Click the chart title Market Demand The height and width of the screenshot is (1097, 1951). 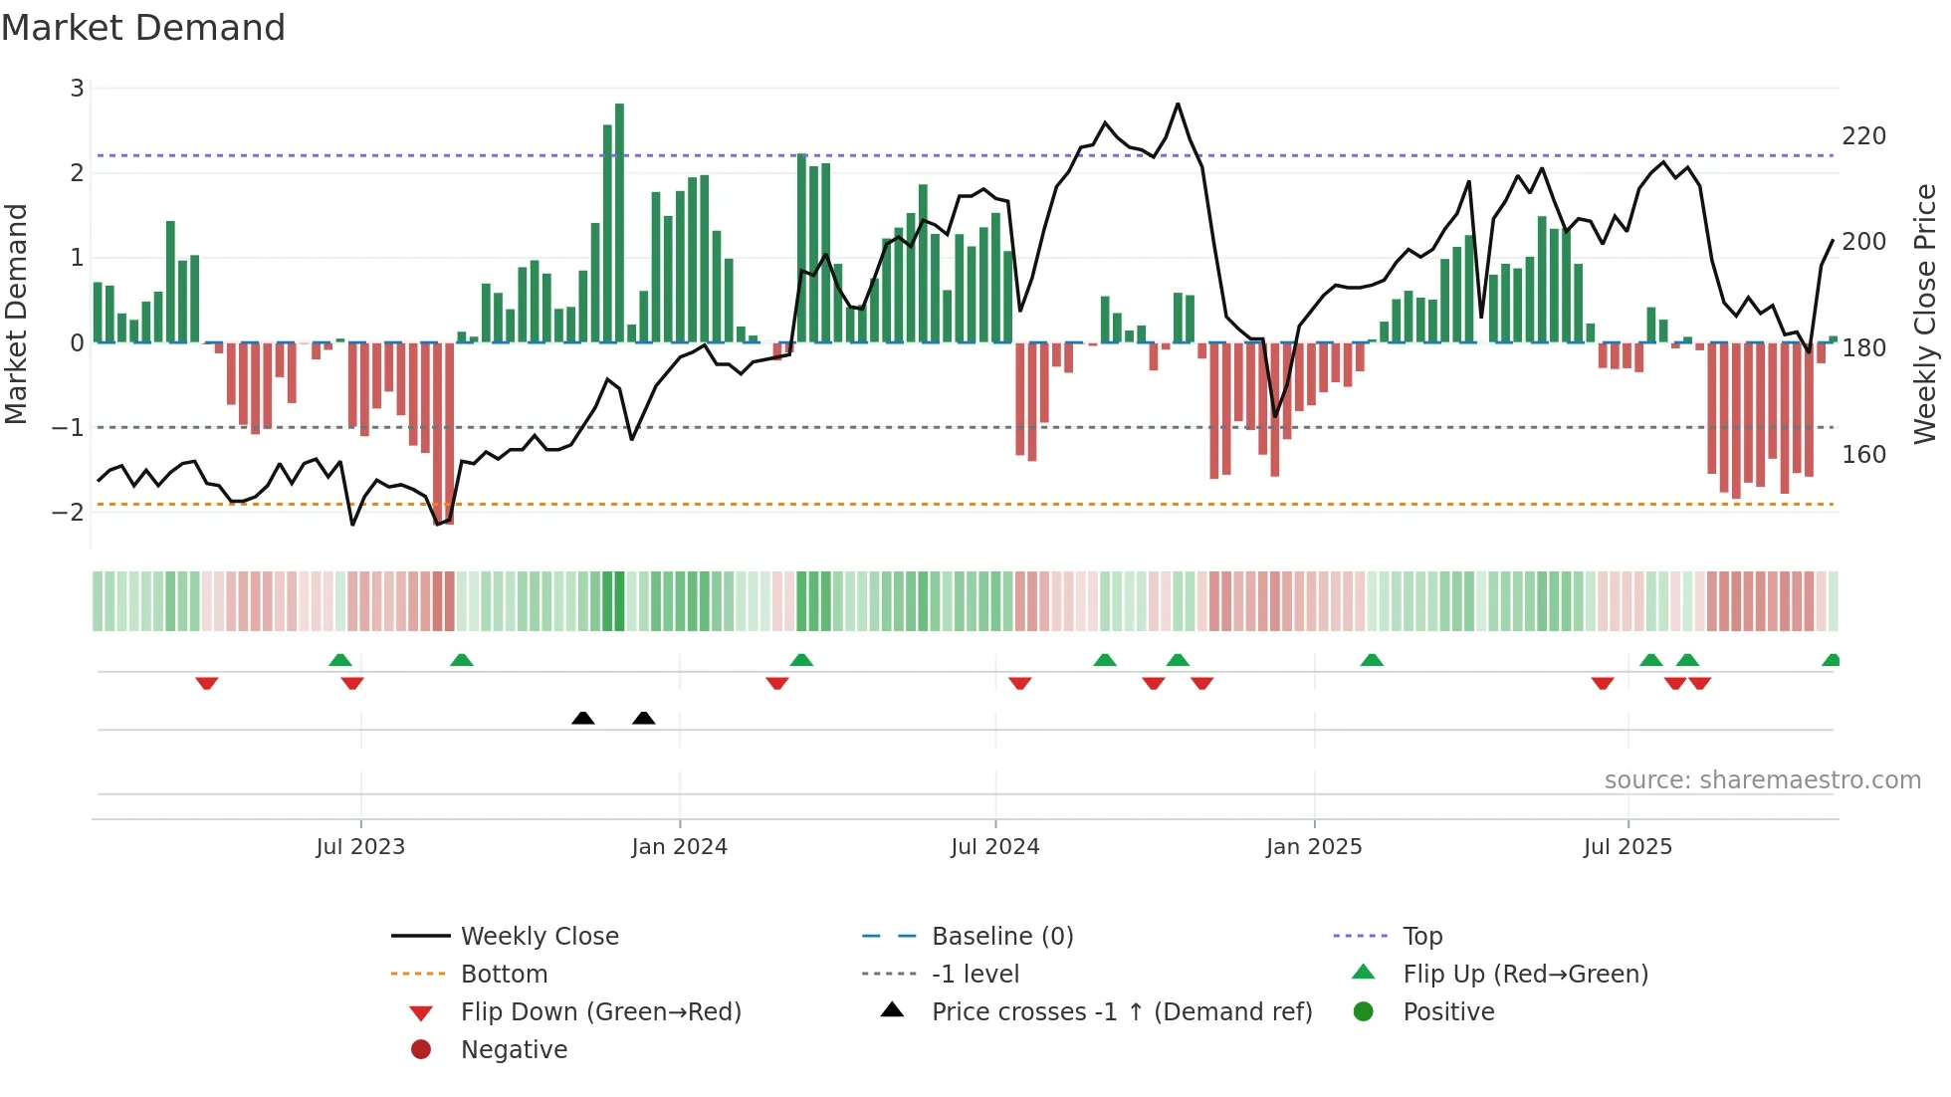[143, 28]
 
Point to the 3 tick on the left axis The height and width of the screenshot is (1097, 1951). [77, 89]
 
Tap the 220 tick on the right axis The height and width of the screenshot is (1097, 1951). [1863, 136]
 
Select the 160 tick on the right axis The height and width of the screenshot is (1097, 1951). [1863, 455]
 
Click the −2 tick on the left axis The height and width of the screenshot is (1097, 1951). [69, 513]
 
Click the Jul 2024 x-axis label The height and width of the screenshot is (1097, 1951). [994, 847]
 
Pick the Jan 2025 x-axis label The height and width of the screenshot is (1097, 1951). [1314, 847]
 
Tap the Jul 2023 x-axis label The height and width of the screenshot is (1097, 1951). [360, 847]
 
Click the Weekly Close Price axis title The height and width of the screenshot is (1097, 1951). [1924, 314]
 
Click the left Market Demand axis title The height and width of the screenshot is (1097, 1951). [17, 314]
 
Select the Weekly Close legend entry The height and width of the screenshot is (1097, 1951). [539, 937]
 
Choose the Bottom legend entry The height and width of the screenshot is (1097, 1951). [504, 975]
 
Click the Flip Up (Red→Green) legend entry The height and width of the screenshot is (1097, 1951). [1525, 975]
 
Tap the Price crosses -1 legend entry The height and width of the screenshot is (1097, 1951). [1121, 1012]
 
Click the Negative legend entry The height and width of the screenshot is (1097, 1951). [514, 1050]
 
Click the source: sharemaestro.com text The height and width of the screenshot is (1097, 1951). [1762, 780]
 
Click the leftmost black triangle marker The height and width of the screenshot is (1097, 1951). [583, 718]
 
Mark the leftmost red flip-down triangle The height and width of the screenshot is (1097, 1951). [207, 683]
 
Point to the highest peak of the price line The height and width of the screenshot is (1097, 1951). [1178, 104]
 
